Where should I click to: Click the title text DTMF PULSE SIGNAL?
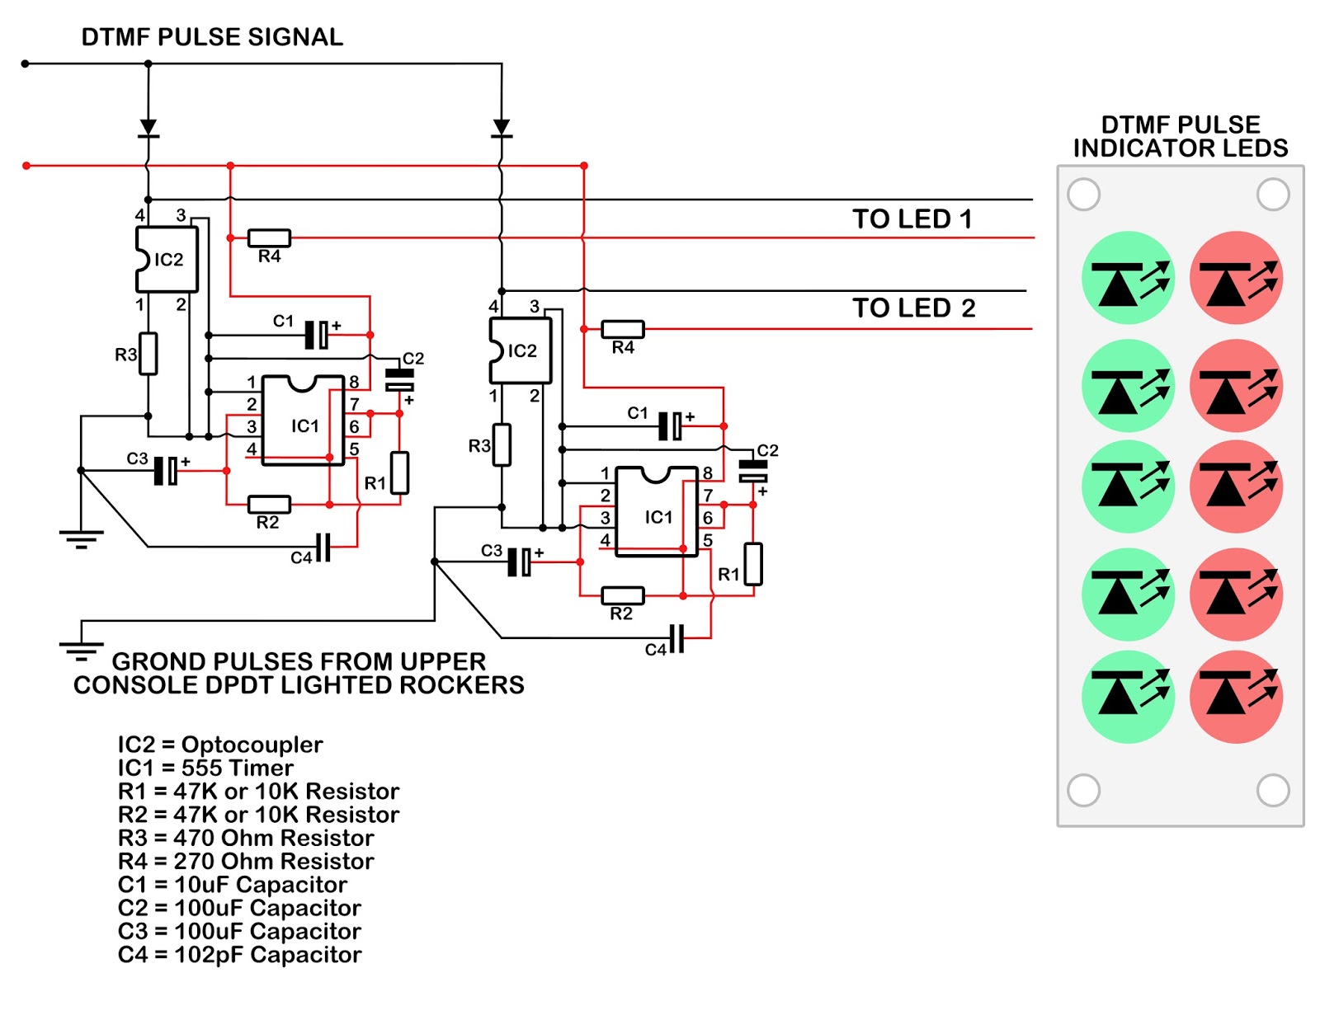coord(212,37)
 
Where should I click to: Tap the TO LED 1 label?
coord(912,219)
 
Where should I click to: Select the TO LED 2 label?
coord(913,308)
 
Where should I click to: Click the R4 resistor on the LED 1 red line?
coord(269,238)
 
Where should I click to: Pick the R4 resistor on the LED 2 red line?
coord(623,329)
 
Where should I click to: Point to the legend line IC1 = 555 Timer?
coord(205,768)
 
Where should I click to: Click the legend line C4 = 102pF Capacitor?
coord(239,955)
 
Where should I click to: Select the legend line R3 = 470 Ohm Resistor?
coord(246,838)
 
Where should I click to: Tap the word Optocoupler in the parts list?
coord(252,745)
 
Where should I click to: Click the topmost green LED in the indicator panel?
coord(1128,277)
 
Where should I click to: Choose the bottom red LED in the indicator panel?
coord(1236,697)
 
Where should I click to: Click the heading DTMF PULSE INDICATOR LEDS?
coord(1181,137)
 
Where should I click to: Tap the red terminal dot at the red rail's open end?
coord(26,166)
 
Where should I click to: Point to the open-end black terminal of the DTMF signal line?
coord(25,63)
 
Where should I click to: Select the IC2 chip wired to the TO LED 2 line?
coord(521,350)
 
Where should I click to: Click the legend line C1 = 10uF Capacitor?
coord(233,885)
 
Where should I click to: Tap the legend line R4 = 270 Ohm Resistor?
coord(246,862)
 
